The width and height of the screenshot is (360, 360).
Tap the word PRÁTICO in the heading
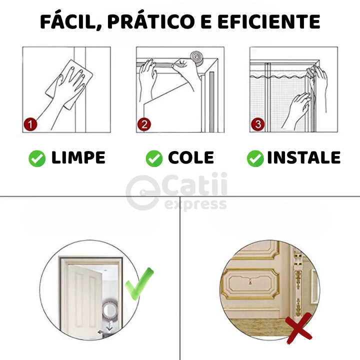[x=151, y=21]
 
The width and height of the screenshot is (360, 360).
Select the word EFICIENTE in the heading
[x=268, y=21]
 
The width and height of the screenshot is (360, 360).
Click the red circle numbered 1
[x=30, y=124]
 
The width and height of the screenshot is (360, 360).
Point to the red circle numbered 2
[x=144, y=124]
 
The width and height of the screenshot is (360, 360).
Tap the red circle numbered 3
[x=258, y=124]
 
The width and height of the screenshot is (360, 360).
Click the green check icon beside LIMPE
[x=37, y=158]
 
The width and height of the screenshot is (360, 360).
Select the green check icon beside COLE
[x=154, y=158]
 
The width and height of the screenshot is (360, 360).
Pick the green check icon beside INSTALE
[x=255, y=158]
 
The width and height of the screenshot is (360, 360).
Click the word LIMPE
[x=78, y=157]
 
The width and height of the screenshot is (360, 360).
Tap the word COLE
[x=191, y=157]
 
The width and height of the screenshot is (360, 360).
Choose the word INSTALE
[x=304, y=157]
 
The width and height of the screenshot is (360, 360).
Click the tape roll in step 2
[x=196, y=58]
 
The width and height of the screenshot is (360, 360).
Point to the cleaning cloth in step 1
[x=69, y=84]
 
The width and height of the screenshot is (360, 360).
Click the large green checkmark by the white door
[x=139, y=284]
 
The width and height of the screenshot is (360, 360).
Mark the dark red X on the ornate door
[x=299, y=328]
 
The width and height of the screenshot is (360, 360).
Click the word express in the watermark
[x=195, y=204]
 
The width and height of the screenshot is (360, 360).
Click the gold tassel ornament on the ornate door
[x=250, y=281]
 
